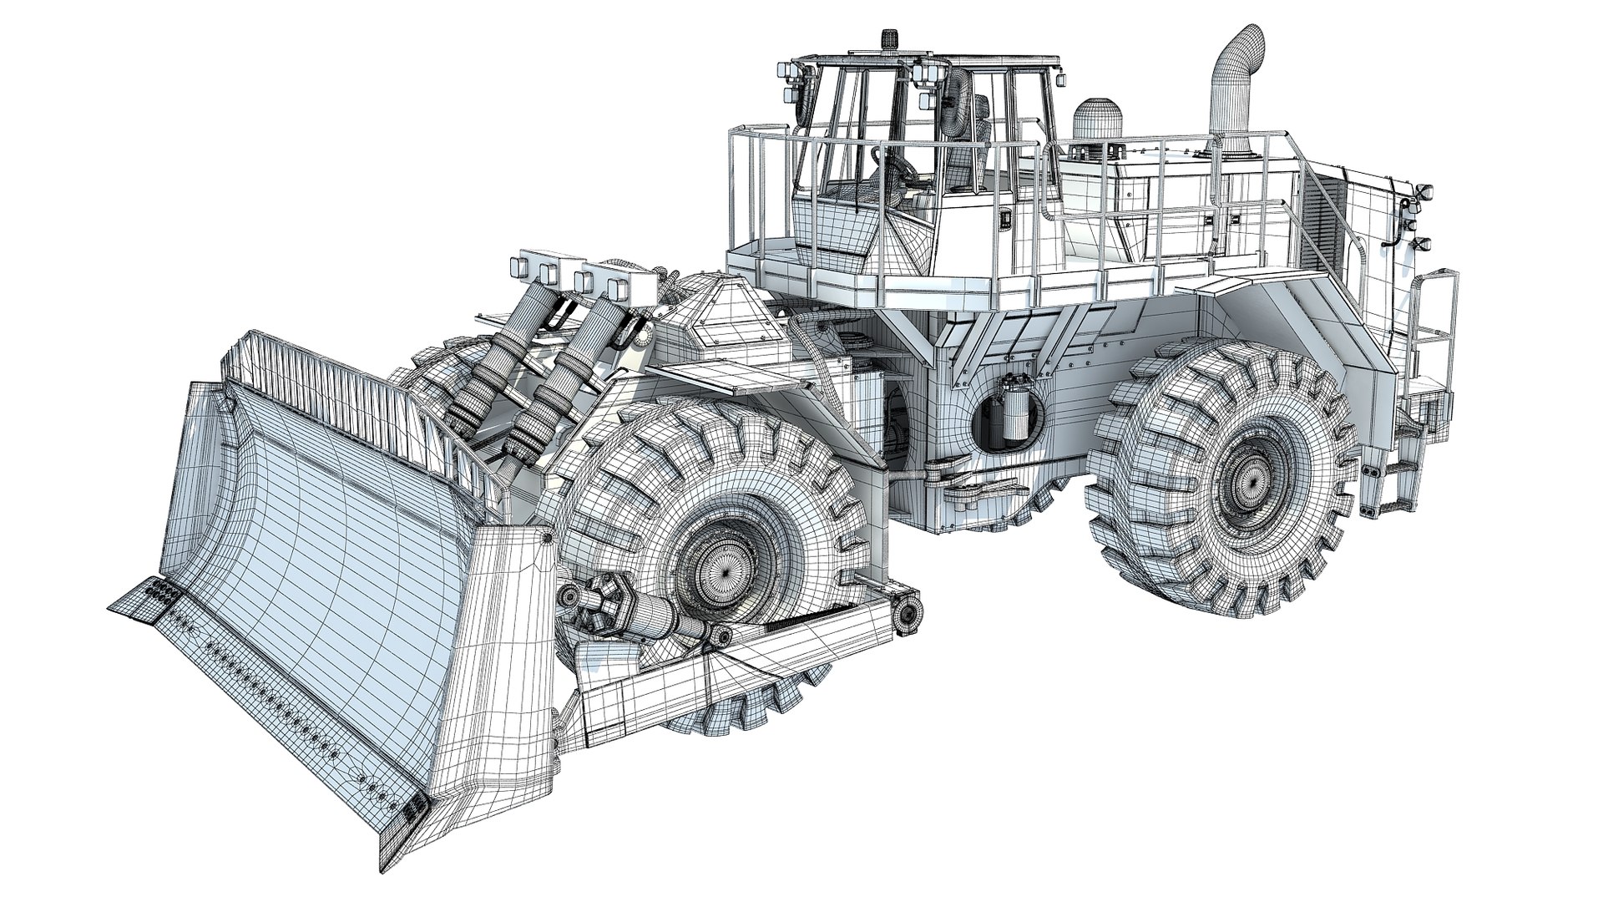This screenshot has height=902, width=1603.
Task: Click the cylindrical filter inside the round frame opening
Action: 1008,409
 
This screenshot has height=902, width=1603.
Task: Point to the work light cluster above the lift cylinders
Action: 576,276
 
